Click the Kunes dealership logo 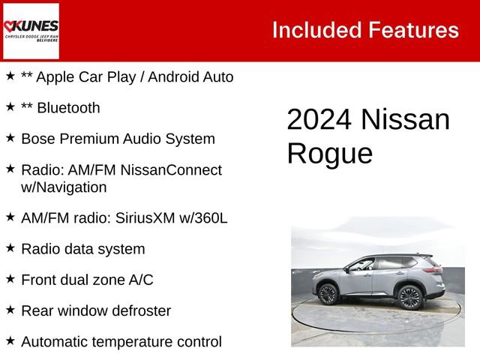(x=31, y=31)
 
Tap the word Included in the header (x=316, y=30)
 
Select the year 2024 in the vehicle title (x=318, y=121)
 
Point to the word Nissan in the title (x=405, y=121)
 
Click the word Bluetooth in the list (x=68, y=108)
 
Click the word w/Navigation (x=64, y=187)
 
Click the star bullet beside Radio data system (x=10, y=247)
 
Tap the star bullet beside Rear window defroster (x=10, y=310)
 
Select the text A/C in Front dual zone (x=139, y=280)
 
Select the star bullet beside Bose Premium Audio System (x=10, y=138)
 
